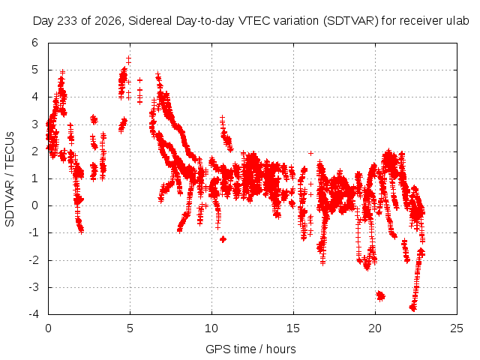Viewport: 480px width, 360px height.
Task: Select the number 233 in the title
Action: pos(67,21)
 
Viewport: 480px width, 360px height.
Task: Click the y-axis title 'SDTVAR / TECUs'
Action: pos(10,179)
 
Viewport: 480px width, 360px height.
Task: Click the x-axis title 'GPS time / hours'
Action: pos(250,349)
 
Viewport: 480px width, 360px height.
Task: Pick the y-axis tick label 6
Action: pos(35,43)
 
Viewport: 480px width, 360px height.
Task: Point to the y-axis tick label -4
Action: pos(34,314)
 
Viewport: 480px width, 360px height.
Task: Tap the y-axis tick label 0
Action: pos(35,205)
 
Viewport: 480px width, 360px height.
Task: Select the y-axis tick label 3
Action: pos(35,124)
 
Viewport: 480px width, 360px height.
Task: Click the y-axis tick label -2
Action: pos(34,260)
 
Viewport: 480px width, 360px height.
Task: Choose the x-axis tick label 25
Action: pos(457,328)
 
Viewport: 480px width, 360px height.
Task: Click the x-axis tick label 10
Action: pos(211,328)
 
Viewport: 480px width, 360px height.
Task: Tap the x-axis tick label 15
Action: pos(293,328)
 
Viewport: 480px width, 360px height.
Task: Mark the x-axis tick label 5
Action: pos(130,328)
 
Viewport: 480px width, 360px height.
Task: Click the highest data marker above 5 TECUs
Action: pos(128,58)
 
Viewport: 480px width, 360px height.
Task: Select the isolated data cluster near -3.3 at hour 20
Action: pos(380,296)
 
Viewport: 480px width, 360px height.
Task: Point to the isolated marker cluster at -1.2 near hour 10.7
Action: pos(223,239)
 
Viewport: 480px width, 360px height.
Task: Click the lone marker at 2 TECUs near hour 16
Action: pos(311,153)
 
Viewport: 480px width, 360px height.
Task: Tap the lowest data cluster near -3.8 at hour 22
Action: pos(413,307)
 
